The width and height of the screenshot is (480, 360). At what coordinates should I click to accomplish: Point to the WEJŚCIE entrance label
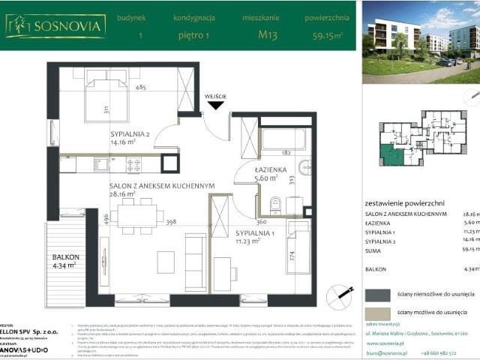[x=216, y=96]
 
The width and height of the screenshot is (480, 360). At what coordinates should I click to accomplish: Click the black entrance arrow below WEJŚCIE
[x=216, y=106]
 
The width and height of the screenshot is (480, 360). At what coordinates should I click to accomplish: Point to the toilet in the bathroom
[x=274, y=203]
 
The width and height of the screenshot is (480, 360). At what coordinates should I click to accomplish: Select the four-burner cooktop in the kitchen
[x=133, y=164]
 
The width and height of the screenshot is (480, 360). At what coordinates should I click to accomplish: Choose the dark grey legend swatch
[x=377, y=293]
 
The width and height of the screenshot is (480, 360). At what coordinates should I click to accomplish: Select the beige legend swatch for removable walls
[x=377, y=313]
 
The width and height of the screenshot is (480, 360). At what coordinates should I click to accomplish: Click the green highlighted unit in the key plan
[x=391, y=156]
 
